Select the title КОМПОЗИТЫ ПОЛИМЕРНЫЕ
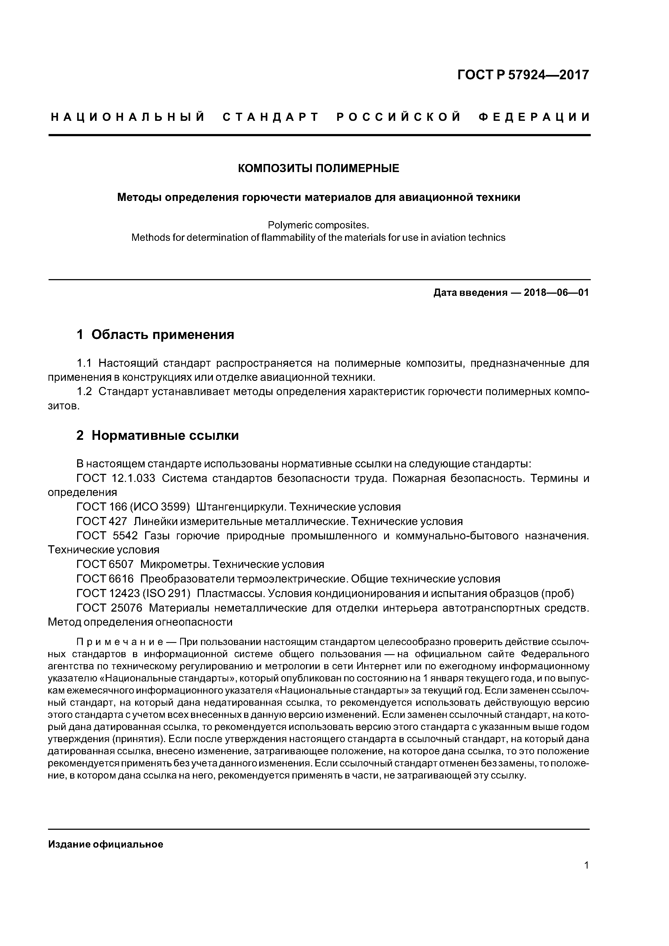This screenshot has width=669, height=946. (319, 169)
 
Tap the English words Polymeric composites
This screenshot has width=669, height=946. (318, 225)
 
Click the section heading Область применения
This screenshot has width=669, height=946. (162, 335)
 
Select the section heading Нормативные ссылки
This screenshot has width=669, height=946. (165, 436)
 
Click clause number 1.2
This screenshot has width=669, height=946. (84, 391)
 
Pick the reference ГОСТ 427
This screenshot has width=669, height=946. (102, 522)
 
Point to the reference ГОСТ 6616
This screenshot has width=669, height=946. (105, 579)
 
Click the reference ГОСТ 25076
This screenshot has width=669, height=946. (109, 608)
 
